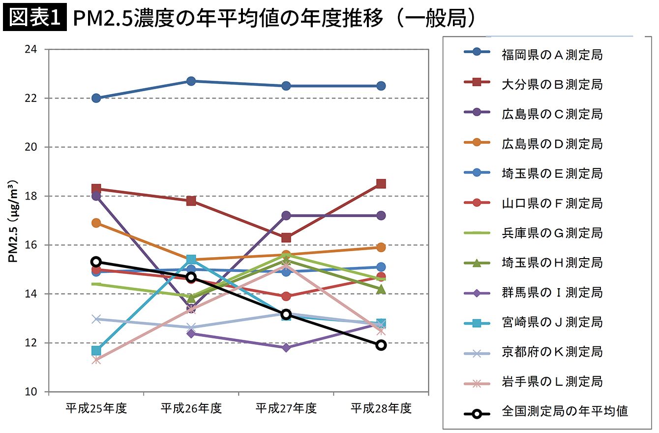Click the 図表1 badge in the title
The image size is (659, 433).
coord(34,18)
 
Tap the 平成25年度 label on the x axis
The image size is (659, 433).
coord(96,408)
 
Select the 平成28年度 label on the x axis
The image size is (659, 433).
coord(381,408)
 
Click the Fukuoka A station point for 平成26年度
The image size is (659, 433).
coord(191,81)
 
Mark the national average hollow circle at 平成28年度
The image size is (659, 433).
coord(381,345)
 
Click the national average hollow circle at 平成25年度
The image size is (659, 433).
coord(96,262)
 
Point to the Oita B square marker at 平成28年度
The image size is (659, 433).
coord(381,184)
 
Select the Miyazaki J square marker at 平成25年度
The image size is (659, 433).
coord(96,351)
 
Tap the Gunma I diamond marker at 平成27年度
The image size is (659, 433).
coord(286,348)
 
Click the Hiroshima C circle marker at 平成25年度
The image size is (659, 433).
coord(96,196)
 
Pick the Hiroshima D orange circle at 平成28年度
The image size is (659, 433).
coord(381,247)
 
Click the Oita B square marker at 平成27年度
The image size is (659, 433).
coord(286,238)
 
